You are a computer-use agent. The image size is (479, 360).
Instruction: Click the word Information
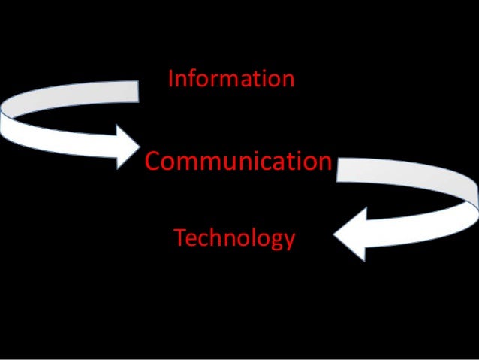click(231, 78)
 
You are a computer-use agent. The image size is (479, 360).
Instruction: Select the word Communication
click(237, 161)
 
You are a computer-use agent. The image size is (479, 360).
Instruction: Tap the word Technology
click(234, 239)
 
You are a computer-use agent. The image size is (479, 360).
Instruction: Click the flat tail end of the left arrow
click(138, 92)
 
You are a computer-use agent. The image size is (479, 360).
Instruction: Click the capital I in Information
click(171, 78)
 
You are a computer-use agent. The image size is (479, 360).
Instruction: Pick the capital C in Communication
click(152, 161)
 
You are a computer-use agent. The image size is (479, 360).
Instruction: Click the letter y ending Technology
click(289, 242)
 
